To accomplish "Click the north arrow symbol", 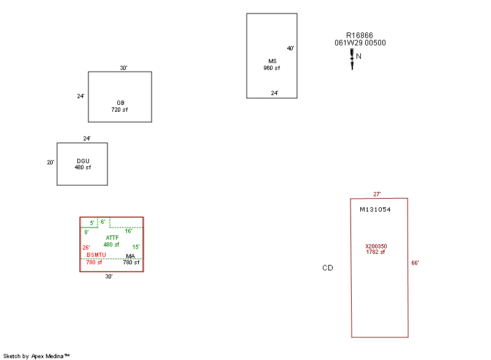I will [x=352, y=59].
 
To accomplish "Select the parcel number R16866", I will [x=360, y=36].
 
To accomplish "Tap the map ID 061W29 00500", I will [x=360, y=43].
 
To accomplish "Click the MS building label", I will [x=273, y=61].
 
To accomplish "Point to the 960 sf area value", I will [x=272, y=67].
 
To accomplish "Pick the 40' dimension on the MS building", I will [x=291, y=48].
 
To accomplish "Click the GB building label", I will [x=120, y=102].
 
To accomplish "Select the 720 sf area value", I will [x=120, y=109].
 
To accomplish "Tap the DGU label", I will [x=83, y=161].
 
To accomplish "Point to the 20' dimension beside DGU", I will [x=51, y=163].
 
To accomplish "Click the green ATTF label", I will [x=112, y=237].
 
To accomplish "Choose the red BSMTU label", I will [x=96, y=255].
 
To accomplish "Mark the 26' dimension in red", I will [x=87, y=248].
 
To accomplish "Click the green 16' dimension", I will [x=129, y=231].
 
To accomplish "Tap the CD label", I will [x=328, y=268].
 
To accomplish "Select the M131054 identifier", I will [x=375, y=209].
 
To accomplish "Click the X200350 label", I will [x=376, y=246].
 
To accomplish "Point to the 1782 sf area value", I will [x=376, y=252].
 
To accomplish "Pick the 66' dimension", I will [x=415, y=263].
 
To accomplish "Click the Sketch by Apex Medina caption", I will [x=36, y=356].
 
